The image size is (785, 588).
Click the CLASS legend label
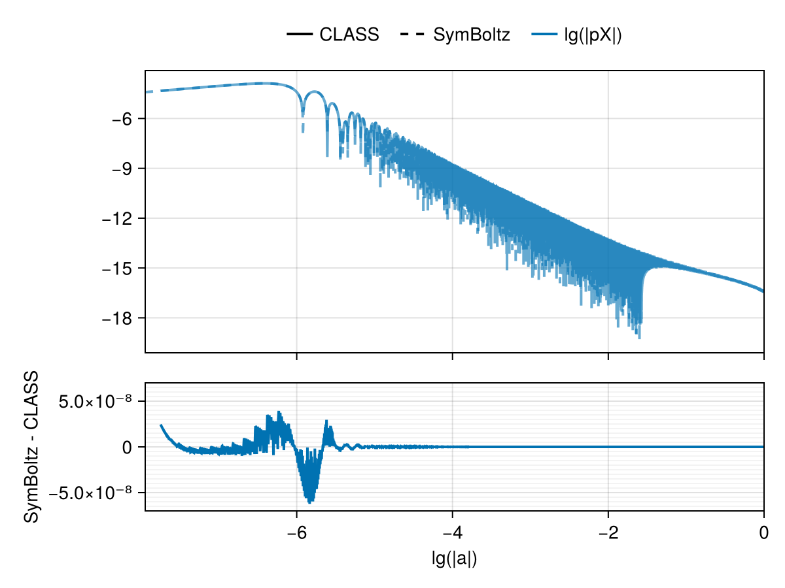click(349, 35)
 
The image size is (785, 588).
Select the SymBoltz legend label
click(471, 35)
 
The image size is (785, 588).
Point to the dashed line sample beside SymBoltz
click(412, 35)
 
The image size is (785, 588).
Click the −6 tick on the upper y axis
click(125, 119)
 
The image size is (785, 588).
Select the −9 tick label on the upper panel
click(125, 169)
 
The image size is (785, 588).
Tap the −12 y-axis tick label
click(120, 218)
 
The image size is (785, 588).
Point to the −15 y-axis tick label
click(120, 269)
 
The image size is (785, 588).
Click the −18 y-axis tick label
click(120, 318)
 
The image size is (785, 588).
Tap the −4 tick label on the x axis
click(452, 533)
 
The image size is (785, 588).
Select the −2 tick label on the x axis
click(608, 533)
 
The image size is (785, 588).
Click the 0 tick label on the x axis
click(763, 533)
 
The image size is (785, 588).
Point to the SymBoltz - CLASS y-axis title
click(31, 447)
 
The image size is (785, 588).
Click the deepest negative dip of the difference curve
click(310, 502)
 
